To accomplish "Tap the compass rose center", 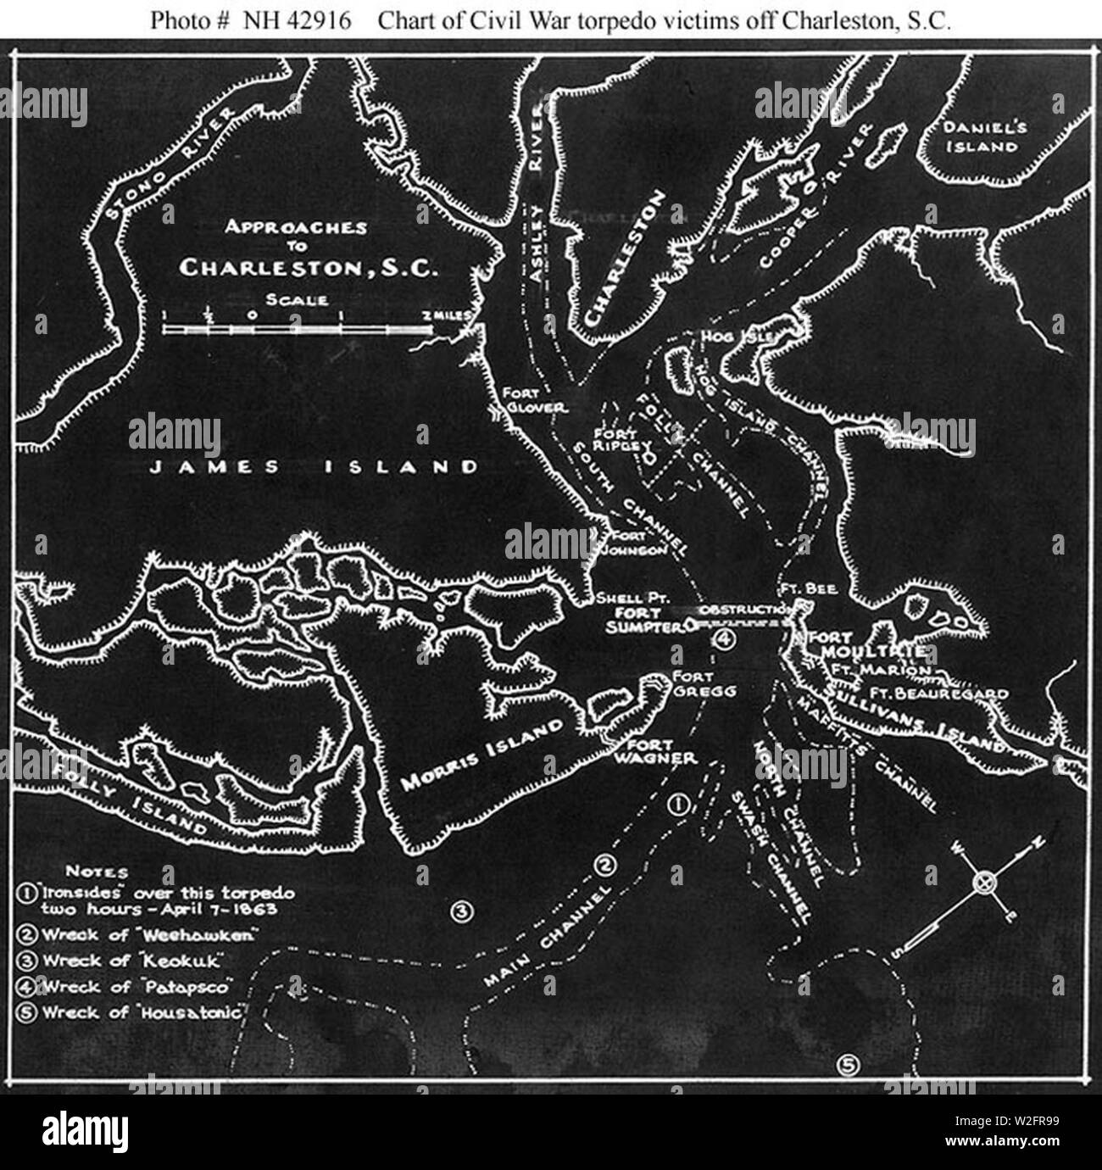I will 983,883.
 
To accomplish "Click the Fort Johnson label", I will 635,543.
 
